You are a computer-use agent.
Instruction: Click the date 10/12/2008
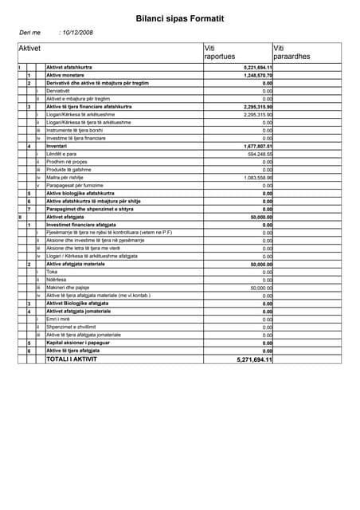point(77,33)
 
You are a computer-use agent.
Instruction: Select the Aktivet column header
point(29,49)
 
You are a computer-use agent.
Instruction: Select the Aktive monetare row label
point(68,75)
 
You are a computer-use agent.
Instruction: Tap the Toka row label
point(53,272)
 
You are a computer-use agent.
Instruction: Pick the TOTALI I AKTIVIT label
point(72,359)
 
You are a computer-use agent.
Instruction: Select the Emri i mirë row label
point(59,319)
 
